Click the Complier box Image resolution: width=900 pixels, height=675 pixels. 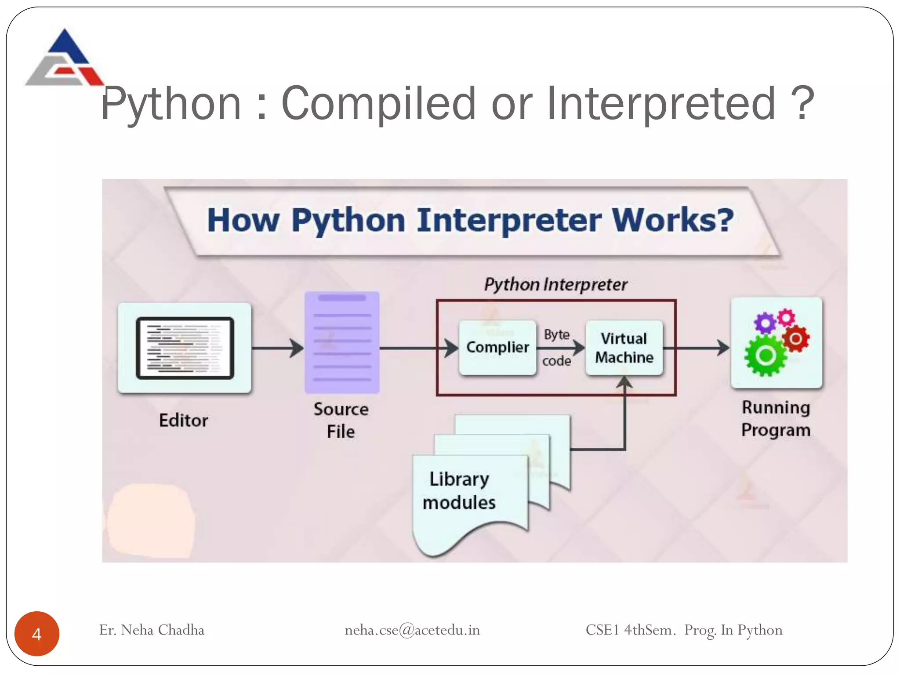[497, 348]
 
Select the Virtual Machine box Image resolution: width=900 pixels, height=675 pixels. [624, 348]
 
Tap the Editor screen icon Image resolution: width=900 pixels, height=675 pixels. [185, 348]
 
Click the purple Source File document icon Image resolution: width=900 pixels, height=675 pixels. [342, 342]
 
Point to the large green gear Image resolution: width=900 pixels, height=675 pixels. [766, 355]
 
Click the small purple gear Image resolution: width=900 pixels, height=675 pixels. [765, 323]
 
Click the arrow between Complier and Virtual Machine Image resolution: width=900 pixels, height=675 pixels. [560, 348]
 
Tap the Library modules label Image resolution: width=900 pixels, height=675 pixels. [459, 491]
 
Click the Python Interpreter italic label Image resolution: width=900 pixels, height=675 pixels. [555, 285]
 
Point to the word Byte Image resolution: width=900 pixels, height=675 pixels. [556, 334]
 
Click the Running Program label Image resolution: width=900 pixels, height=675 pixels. [776, 418]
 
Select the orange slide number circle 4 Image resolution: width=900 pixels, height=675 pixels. [37, 634]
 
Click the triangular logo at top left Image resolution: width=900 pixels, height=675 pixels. [65, 58]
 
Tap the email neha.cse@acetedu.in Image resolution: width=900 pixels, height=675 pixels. [412, 630]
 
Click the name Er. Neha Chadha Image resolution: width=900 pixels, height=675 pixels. [152, 630]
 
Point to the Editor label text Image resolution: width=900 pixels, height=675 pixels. [183, 421]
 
